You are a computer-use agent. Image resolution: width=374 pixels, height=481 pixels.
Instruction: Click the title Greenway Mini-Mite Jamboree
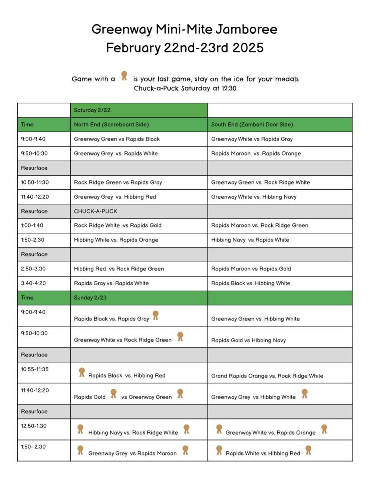pyautogui.click(x=184, y=29)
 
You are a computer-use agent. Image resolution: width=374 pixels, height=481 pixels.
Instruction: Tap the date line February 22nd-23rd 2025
pyautogui.click(x=185, y=48)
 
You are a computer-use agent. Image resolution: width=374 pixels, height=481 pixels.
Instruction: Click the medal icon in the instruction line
pyautogui.click(x=124, y=76)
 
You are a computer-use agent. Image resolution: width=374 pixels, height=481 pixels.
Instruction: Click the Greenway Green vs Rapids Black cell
pyautogui.click(x=117, y=139)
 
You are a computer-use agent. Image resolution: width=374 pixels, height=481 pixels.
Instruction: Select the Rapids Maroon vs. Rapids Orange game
pyautogui.click(x=256, y=153)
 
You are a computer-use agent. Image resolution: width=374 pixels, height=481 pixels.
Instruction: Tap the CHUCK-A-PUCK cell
pyautogui.click(x=95, y=211)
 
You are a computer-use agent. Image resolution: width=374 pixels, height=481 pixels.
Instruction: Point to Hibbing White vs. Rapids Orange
pyautogui.click(x=116, y=240)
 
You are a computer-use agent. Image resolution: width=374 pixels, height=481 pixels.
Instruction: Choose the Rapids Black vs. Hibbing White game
pyautogui.click(x=251, y=283)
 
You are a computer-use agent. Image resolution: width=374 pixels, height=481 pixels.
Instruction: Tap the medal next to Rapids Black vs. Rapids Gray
pyautogui.click(x=156, y=315)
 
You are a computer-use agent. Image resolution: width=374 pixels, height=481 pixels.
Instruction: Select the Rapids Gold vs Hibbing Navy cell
pyautogui.click(x=248, y=340)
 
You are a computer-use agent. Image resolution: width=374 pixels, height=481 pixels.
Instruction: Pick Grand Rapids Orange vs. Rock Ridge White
pyautogui.click(x=267, y=376)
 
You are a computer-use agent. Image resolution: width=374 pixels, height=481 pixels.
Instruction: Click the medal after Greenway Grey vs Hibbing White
pyautogui.click(x=305, y=394)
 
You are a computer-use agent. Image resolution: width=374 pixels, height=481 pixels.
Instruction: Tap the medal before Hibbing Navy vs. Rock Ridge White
pyautogui.click(x=80, y=429)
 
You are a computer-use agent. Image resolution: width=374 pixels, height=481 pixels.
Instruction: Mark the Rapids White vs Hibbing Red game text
pyautogui.click(x=263, y=453)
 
